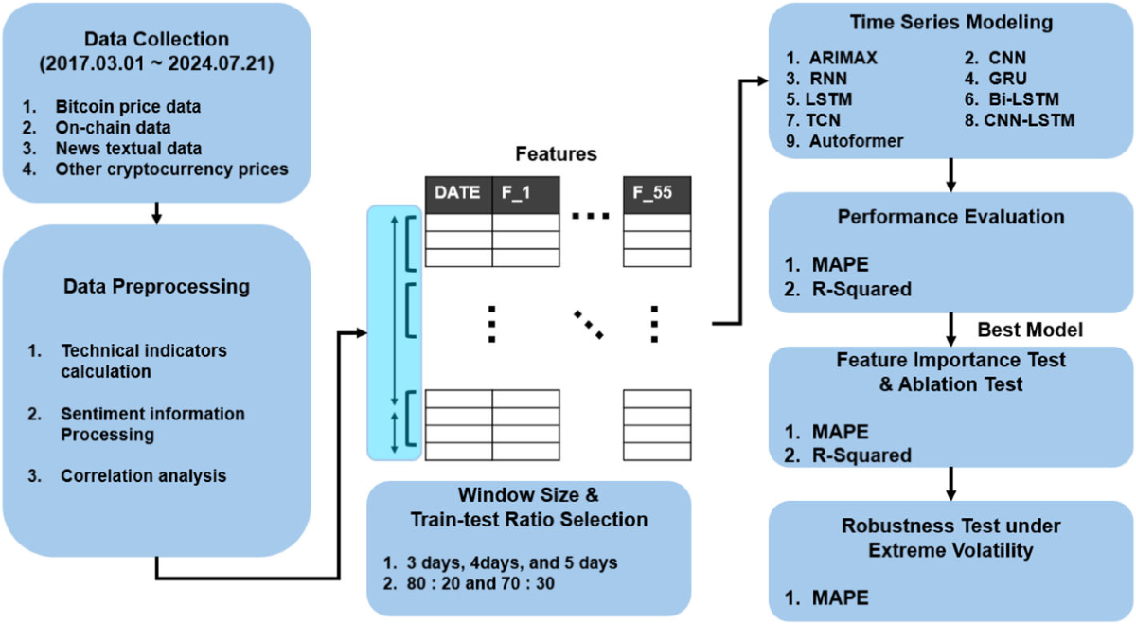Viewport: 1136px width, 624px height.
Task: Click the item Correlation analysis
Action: (143, 475)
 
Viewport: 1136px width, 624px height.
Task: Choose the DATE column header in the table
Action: (457, 194)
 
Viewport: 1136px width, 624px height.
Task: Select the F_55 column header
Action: (656, 194)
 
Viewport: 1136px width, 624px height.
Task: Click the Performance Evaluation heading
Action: (950, 217)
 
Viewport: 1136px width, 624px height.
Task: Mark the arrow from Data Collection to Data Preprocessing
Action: (156, 213)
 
